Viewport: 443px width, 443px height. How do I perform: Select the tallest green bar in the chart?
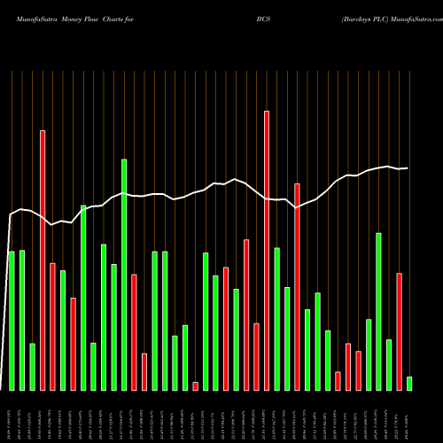pos(124,275)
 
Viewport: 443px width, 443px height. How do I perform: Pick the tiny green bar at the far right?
pos(409,384)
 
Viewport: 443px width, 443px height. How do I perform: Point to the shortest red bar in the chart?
pos(196,386)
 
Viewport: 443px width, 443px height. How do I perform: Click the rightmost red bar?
pos(400,331)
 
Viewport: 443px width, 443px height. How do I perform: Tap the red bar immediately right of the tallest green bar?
pos(135,332)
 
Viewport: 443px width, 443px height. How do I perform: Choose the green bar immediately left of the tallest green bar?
pos(114,327)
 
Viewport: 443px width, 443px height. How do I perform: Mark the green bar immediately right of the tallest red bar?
pos(277,319)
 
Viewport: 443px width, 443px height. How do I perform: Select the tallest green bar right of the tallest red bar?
pos(379,311)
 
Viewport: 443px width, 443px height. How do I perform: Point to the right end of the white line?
pos(408,168)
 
